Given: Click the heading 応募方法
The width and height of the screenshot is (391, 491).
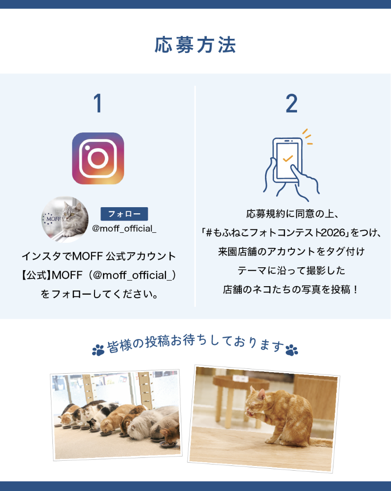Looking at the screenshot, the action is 195,45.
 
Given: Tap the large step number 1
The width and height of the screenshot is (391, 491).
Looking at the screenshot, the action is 98,103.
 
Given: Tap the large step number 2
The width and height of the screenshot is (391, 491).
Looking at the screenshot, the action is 292,103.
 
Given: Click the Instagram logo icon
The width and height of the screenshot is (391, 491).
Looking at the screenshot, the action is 98,158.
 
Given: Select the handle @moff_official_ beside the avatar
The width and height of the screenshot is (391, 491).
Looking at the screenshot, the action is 124,228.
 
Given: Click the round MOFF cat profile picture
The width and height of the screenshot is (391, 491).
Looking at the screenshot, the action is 65,219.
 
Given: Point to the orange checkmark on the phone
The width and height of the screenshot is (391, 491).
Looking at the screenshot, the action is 288,158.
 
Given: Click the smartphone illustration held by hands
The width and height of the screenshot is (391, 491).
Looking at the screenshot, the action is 288,160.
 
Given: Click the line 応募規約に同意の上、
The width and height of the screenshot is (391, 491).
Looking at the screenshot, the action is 292,214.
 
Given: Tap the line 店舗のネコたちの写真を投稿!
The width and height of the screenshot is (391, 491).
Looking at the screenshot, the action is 290,289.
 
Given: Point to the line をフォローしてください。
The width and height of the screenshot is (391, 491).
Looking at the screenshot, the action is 99,294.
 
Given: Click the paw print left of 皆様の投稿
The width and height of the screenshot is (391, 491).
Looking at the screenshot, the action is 98,350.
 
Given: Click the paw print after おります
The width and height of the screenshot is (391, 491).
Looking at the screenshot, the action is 292,350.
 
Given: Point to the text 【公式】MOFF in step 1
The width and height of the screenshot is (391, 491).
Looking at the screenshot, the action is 52,275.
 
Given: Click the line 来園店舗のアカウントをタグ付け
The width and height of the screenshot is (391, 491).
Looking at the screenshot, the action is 292,252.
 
